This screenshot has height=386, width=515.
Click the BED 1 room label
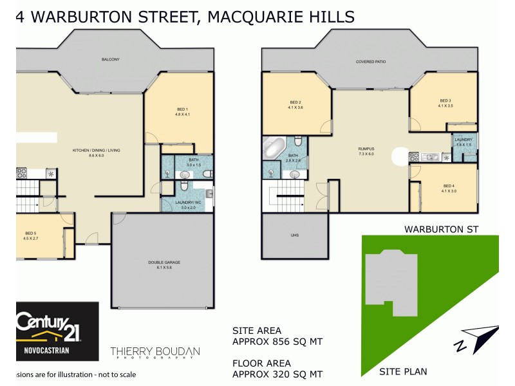[182, 110]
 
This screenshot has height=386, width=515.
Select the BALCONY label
[110, 60]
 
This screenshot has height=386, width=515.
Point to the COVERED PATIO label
[370, 62]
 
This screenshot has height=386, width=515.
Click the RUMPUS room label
[366, 149]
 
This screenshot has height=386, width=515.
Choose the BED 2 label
[295, 103]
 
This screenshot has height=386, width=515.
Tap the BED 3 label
[445, 100]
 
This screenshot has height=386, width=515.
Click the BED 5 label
[31, 233]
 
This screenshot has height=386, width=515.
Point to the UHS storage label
[295, 235]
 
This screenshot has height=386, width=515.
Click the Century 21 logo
[57, 330]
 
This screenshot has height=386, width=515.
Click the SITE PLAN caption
[403, 371]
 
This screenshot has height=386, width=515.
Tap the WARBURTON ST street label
[441, 229]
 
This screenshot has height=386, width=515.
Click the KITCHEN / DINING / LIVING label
[96, 151]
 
